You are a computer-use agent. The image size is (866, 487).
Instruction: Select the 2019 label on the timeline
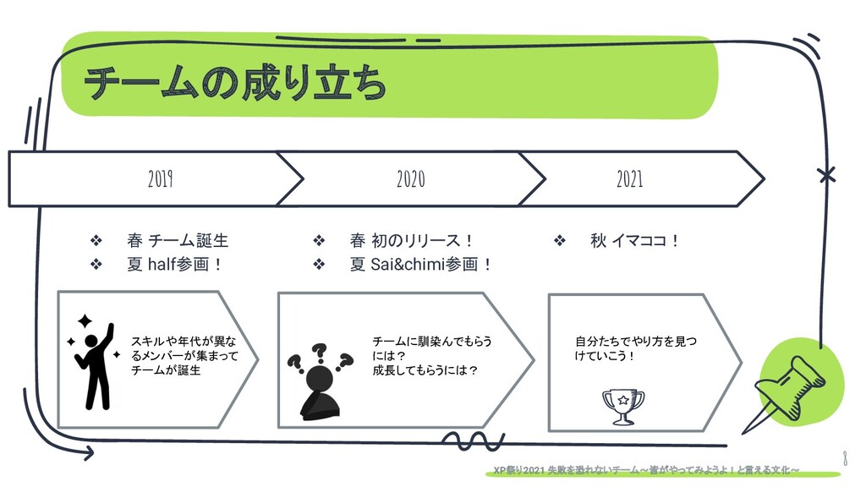click(x=160, y=179)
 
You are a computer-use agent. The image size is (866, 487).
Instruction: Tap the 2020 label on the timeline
click(x=410, y=179)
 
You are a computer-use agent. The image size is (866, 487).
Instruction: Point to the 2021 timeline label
click(x=629, y=179)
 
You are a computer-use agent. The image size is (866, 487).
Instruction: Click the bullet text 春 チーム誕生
click(x=177, y=241)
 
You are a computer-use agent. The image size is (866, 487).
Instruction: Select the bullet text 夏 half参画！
click(x=174, y=265)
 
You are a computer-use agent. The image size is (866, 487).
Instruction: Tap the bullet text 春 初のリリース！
click(x=412, y=241)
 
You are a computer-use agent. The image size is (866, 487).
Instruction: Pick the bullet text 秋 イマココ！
click(x=635, y=241)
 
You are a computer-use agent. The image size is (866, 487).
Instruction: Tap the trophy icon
click(x=622, y=406)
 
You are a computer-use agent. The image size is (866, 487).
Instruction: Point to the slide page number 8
click(x=845, y=458)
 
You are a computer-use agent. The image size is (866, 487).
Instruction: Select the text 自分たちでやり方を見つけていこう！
click(x=635, y=348)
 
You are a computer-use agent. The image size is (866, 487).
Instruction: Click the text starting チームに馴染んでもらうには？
click(x=431, y=356)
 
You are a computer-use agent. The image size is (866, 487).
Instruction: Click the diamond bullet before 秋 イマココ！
click(x=558, y=242)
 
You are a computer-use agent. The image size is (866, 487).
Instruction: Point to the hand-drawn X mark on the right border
click(x=826, y=176)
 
